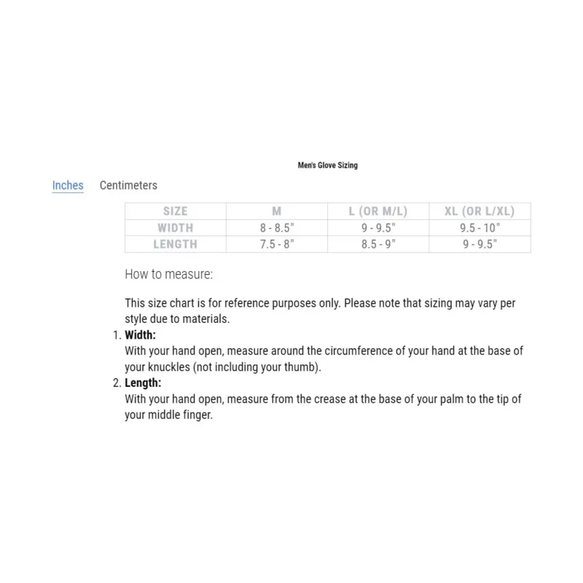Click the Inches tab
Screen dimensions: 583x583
pos(68,185)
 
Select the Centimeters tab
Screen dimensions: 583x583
pos(128,185)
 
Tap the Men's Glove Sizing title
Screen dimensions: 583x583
pos(328,165)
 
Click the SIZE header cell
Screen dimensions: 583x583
pos(175,211)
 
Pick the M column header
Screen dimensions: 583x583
pos(277,211)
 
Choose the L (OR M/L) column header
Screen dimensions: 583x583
pos(378,211)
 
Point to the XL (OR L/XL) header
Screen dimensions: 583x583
pos(480,211)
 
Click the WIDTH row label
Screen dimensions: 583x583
pos(175,228)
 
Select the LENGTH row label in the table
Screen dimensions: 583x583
pos(175,245)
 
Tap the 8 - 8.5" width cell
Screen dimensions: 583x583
pos(277,228)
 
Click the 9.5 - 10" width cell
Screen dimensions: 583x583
pos(480,228)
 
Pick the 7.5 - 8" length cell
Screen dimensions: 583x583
pos(277,245)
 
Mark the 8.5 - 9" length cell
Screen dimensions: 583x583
pos(378,245)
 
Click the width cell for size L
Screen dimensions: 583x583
pos(378,228)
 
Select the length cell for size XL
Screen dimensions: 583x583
pos(480,245)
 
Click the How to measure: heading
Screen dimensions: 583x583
pos(168,275)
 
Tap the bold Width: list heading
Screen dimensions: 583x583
pos(141,335)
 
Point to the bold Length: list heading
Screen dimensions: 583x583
pos(143,383)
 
